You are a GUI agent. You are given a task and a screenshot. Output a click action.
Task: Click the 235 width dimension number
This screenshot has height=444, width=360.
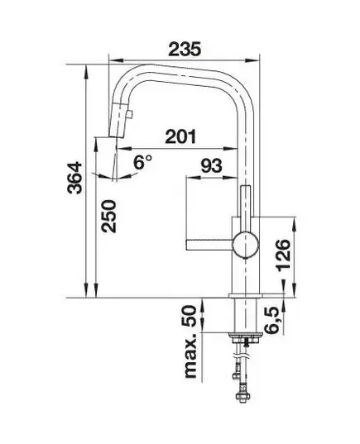pos(185,49)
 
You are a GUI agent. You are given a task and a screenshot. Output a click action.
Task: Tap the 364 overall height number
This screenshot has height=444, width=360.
pos(74,178)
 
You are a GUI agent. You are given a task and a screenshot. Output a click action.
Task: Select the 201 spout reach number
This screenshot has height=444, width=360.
pos(180,136)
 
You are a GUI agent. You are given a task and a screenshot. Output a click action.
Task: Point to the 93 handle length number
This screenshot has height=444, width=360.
pos(211,166)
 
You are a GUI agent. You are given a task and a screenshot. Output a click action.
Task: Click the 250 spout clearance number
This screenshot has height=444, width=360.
pos(109,217)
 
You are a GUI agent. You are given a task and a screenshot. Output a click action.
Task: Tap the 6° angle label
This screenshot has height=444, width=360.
pos(143,162)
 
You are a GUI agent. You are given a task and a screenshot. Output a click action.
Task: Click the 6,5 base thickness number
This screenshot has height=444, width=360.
pos(272,322)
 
